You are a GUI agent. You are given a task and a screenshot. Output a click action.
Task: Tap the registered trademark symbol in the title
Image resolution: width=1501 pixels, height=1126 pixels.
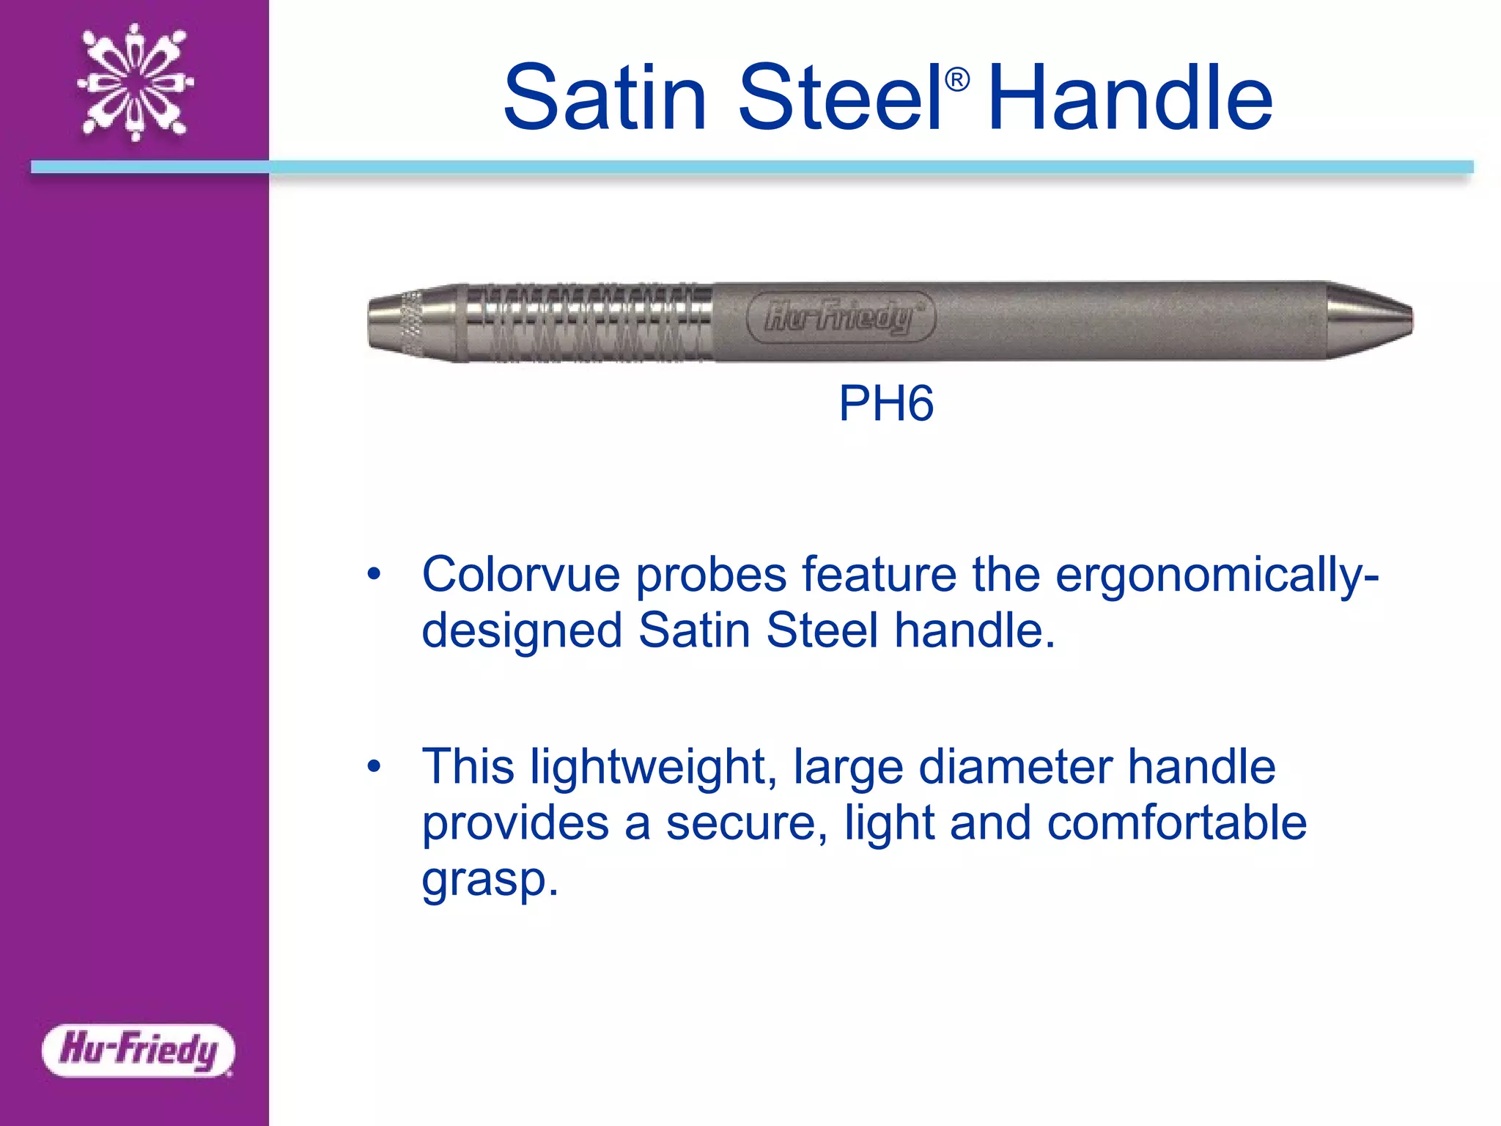click(x=957, y=79)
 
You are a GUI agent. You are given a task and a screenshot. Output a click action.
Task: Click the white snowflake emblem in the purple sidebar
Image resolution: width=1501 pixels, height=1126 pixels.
click(x=136, y=81)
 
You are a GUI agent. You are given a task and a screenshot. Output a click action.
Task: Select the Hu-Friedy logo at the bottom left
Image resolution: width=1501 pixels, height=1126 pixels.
click(x=139, y=1050)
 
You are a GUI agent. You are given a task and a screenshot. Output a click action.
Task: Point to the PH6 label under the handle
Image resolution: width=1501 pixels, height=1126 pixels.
click(x=886, y=403)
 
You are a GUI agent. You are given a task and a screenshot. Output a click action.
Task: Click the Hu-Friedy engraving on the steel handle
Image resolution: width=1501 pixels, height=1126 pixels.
click(x=840, y=317)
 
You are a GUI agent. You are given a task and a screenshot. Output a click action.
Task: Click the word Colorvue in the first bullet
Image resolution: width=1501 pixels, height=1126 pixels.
click(x=520, y=574)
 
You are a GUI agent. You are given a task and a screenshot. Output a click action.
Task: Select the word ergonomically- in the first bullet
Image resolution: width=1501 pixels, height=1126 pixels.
click(x=1217, y=575)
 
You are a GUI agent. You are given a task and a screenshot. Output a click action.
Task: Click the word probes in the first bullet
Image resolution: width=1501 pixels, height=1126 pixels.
click(x=711, y=575)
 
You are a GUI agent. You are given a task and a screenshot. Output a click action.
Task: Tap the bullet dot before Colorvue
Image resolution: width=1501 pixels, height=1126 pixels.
click(x=375, y=574)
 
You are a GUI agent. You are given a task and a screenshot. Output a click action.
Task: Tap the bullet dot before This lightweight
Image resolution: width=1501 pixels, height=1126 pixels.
click(x=375, y=767)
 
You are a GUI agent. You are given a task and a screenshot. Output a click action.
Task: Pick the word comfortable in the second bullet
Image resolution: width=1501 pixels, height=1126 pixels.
click(x=1176, y=823)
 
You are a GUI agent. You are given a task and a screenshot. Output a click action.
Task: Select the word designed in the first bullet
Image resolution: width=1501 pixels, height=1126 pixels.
click(x=522, y=630)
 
